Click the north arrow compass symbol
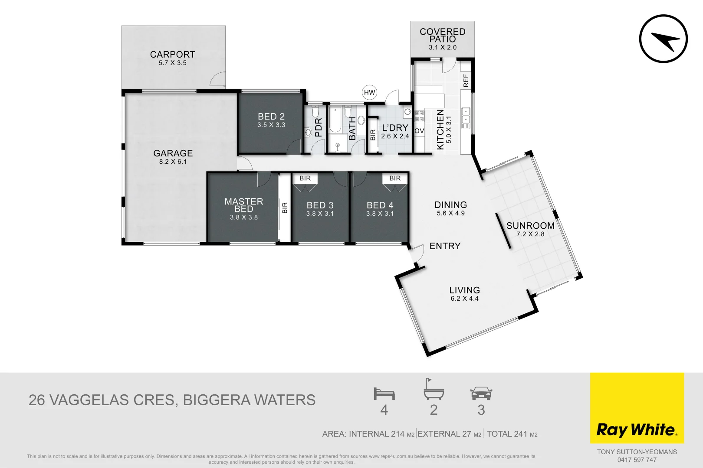point(663,39)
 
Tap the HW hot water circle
point(369,92)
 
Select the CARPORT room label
point(172,55)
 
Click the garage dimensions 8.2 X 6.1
point(173,162)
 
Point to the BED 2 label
point(271,117)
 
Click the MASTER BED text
point(244,205)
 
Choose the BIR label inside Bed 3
point(305,178)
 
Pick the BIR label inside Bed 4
point(395,178)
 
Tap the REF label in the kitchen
point(466,80)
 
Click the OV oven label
point(419,131)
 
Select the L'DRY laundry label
point(395,128)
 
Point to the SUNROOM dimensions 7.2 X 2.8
point(530,234)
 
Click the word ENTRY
point(445,246)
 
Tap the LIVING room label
point(464,290)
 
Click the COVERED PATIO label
point(442,35)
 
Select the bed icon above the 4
point(384,394)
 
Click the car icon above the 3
point(481,393)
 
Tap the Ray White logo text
point(636,430)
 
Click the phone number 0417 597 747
point(637,460)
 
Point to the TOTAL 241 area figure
point(512,434)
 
